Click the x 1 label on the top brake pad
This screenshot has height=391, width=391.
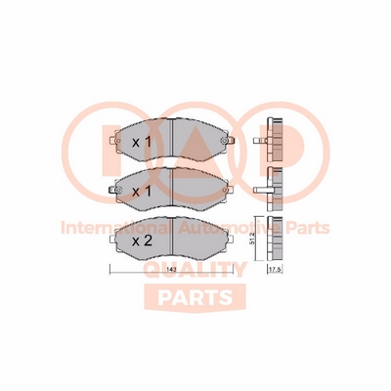(x=142, y=142)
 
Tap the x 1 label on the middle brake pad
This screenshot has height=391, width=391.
(x=142, y=192)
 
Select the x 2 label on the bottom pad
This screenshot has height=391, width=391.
(x=142, y=241)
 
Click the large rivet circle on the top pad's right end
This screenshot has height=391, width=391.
(x=224, y=141)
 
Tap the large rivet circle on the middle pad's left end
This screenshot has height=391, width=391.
(x=118, y=190)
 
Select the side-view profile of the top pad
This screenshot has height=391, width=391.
(x=275, y=141)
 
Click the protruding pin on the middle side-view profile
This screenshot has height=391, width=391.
(x=260, y=190)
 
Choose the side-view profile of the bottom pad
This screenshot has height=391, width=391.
(x=275, y=239)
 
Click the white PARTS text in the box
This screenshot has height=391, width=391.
(x=195, y=297)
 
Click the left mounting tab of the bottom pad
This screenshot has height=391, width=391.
(x=113, y=239)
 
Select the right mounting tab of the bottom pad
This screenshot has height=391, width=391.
(x=231, y=239)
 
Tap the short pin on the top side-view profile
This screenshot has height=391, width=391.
(x=260, y=141)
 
